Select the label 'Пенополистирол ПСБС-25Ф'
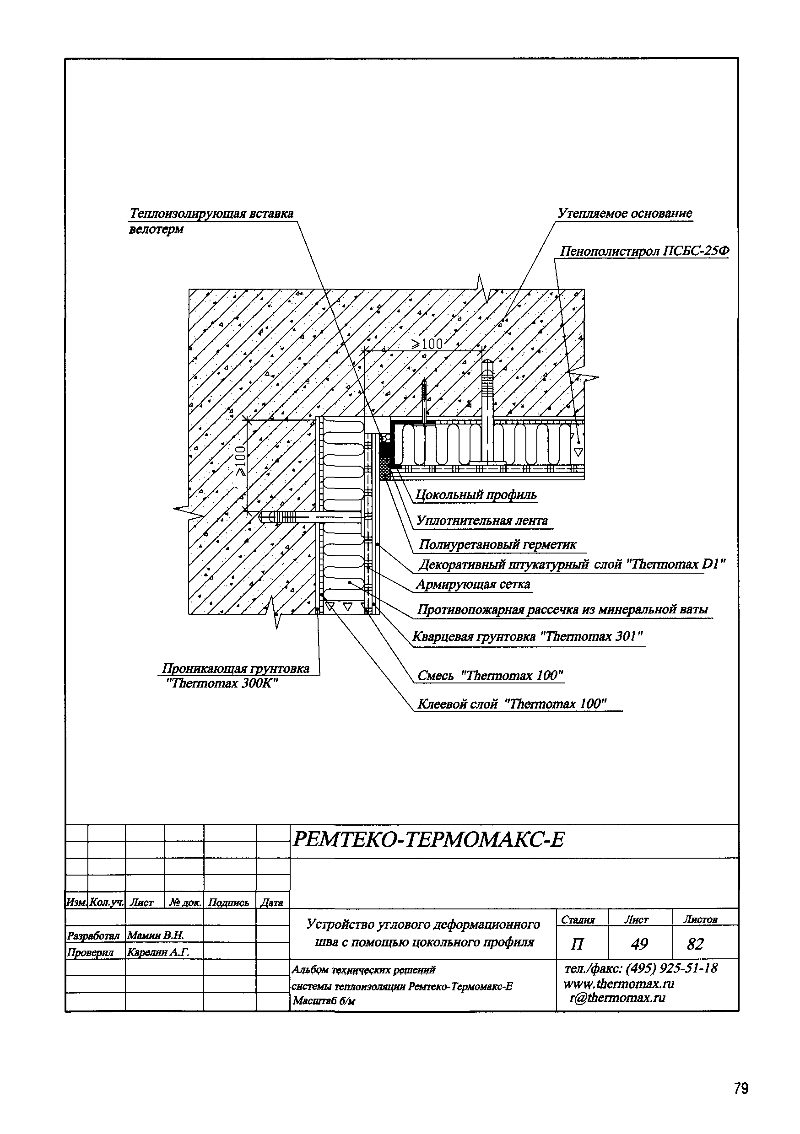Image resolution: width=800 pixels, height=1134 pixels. click(x=644, y=252)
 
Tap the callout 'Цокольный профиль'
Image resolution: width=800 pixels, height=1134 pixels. click(x=476, y=495)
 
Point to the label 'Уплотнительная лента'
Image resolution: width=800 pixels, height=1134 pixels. click(x=482, y=521)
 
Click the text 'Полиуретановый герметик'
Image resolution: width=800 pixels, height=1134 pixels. click(x=497, y=545)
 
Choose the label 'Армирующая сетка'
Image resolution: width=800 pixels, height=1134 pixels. click(x=473, y=585)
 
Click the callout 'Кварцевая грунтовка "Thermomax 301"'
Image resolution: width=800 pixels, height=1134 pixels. click(x=528, y=637)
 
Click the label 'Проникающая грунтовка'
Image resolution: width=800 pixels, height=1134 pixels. click(x=236, y=669)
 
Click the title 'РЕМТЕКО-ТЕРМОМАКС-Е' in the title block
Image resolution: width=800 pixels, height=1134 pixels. click(x=428, y=839)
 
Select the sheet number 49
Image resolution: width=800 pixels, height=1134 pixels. click(x=639, y=944)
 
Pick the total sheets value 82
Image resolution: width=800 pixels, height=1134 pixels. click(x=695, y=944)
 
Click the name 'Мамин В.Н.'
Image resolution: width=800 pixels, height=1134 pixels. click(x=155, y=935)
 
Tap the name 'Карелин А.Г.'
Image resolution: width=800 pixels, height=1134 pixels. click(x=158, y=952)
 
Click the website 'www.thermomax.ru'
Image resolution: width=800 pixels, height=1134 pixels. click(x=619, y=984)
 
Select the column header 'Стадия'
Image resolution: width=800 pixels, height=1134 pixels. click(x=578, y=919)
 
